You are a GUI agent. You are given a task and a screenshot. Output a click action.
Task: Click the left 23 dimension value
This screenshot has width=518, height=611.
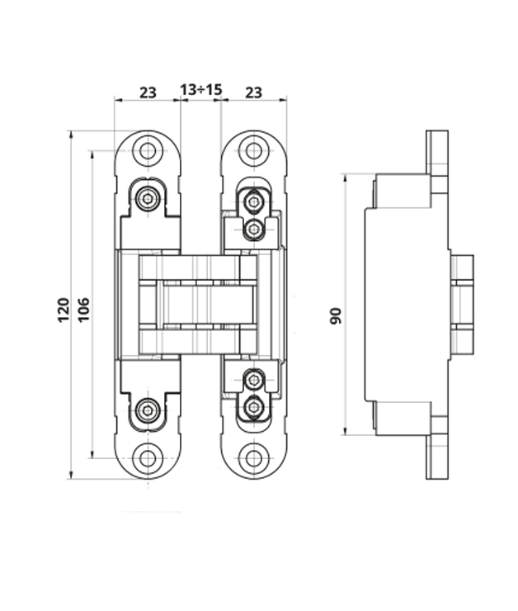pyautogui.click(x=147, y=92)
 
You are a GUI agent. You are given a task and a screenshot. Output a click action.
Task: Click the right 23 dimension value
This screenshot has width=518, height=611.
pyautogui.click(x=253, y=92)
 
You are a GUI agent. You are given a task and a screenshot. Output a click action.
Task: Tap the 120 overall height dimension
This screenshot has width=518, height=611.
pyautogui.click(x=64, y=310)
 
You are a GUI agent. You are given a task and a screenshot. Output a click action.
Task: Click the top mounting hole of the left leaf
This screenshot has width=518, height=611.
pyautogui.click(x=148, y=151)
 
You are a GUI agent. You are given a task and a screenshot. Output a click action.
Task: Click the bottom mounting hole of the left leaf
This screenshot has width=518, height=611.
pyautogui.click(x=148, y=457)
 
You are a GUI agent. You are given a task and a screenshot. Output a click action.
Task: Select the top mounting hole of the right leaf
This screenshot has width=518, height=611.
pyautogui.click(x=253, y=151)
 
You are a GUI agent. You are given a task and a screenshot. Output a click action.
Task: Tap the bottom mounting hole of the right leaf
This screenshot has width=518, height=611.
pyautogui.click(x=253, y=457)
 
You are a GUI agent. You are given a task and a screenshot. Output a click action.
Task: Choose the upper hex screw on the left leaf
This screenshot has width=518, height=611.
pyautogui.click(x=148, y=198)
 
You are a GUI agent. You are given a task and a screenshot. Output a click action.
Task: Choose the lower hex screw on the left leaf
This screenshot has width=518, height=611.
pyautogui.click(x=148, y=410)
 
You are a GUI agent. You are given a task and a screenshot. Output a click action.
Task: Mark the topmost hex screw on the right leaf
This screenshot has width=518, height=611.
pyautogui.click(x=254, y=201)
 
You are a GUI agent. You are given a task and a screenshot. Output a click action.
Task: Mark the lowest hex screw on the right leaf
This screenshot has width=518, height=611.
pyautogui.click(x=254, y=407)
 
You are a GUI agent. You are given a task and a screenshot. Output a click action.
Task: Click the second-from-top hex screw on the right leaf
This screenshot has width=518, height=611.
pyautogui.click(x=254, y=228)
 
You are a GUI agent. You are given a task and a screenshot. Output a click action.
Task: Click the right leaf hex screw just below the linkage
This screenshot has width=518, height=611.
pyautogui.click(x=254, y=380)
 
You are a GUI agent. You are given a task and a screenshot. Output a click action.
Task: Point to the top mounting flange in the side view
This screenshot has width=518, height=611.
pyautogui.click(x=438, y=162)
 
